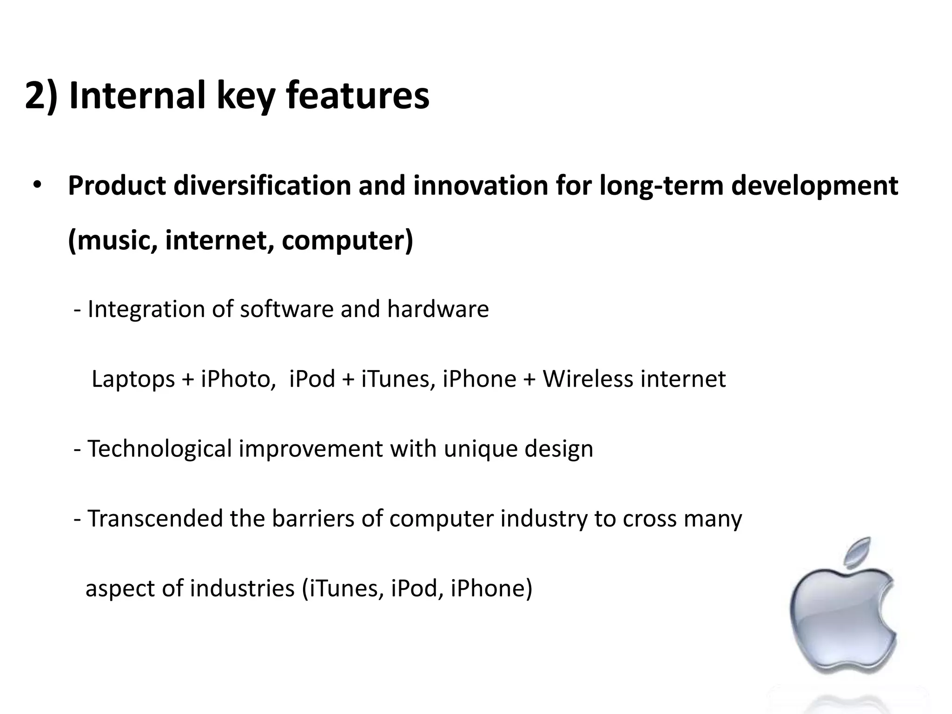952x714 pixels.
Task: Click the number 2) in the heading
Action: pyautogui.click(x=41, y=96)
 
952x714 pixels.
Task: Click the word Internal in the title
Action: pyautogui.click(x=137, y=96)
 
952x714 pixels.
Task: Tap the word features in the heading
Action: pyautogui.click(x=357, y=96)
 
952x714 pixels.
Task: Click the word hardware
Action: pyautogui.click(x=438, y=309)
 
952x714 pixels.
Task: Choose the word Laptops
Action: pyautogui.click(x=133, y=379)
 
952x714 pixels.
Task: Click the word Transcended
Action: pyautogui.click(x=155, y=519)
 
